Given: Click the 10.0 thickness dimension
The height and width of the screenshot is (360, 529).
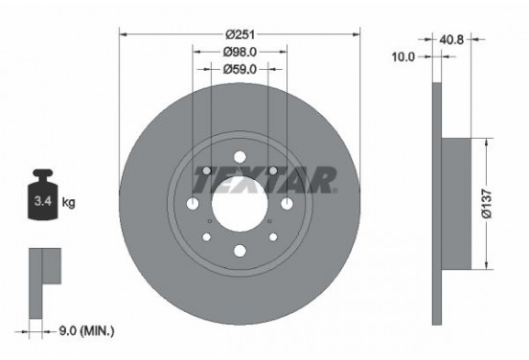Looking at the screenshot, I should (403, 57).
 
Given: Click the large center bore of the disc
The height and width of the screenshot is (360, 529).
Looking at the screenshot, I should (239, 204).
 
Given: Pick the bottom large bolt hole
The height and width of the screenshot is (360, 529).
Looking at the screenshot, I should (239, 253).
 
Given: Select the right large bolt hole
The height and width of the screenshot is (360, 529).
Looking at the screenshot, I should (287, 204).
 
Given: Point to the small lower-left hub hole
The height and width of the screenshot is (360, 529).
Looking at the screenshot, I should (205, 237).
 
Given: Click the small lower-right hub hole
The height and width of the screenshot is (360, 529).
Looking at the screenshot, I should (272, 237).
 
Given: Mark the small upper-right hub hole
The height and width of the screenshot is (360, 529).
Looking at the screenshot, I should (273, 170).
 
